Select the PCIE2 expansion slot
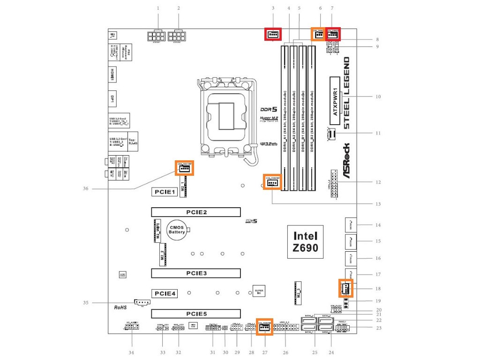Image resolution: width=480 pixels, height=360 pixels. (195, 212)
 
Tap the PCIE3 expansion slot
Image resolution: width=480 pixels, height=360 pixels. (195, 273)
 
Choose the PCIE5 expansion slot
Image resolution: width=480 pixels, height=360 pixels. (195, 314)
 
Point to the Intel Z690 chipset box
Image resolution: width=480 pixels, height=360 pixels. (305, 241)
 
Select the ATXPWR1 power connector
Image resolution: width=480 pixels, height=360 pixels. (336, 97)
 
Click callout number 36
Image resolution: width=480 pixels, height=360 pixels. (85, 189)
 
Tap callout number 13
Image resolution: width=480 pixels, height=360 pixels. (378, 204)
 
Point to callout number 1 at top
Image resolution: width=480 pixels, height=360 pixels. (158, 8)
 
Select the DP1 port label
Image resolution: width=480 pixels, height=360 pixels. (112, 99)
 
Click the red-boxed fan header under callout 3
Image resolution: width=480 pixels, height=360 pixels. (272, 34)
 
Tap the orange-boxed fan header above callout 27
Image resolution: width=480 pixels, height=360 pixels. (264, 328)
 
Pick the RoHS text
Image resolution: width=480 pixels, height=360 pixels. (121, 307)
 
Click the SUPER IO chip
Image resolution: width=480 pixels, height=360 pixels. (259, 291)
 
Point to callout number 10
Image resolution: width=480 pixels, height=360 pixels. (378, 97)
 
